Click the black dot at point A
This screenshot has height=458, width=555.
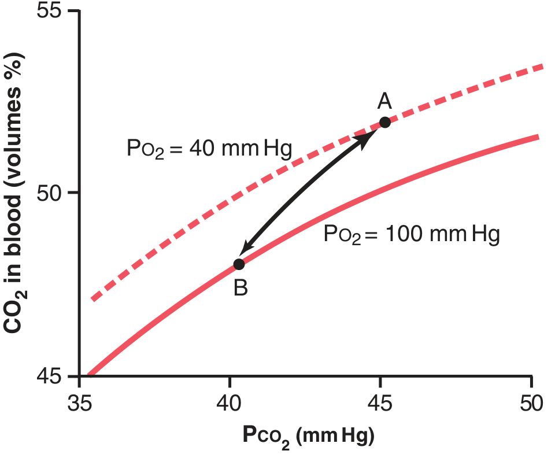point(384,122)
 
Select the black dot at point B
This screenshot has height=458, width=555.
point(239,264)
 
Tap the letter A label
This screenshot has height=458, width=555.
point(384,102)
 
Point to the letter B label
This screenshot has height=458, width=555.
point(240,287)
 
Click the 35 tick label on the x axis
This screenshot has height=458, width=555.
point(80,403)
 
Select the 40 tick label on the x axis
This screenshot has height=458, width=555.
point(230,403)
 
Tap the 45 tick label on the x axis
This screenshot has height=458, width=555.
point(380,403)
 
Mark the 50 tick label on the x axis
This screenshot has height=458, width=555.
point(531,403)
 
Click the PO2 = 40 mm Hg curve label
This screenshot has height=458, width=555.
point(209,149)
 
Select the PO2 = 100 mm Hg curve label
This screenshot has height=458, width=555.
point(411,235)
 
